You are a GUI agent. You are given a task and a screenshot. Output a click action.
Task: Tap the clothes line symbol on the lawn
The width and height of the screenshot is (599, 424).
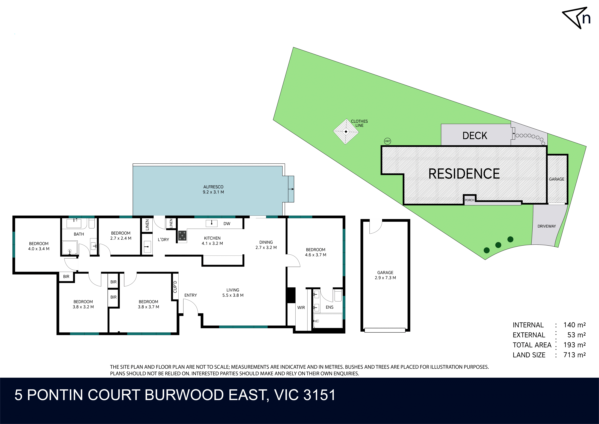(346, 132)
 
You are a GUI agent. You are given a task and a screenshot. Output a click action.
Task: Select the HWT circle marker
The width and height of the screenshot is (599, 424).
(387, 141)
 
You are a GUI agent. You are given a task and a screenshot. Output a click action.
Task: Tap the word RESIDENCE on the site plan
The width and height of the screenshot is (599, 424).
(464, 174)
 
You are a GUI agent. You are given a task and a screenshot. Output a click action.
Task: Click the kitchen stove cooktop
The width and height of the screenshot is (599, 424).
(182, 235)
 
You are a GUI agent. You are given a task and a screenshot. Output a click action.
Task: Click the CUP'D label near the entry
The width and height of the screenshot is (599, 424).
(175, 287)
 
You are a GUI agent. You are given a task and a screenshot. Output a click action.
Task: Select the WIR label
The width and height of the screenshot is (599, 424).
(301, 308)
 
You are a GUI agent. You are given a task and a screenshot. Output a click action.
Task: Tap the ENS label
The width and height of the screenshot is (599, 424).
(330, 307)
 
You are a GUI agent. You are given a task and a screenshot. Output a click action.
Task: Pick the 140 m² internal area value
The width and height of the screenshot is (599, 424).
(575, 325)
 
